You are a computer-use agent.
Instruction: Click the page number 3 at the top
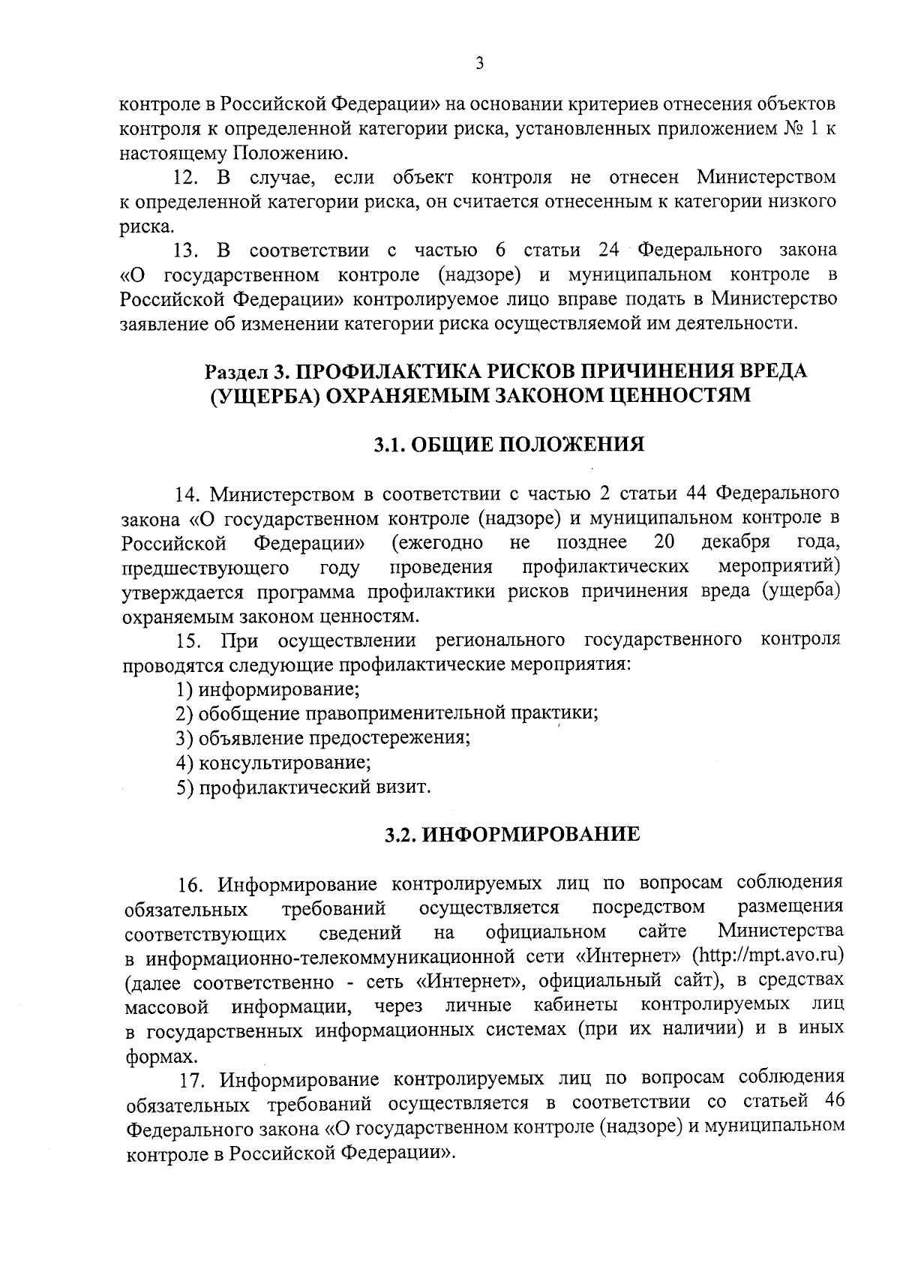479,64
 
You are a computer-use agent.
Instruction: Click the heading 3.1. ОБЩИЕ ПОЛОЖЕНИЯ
509,445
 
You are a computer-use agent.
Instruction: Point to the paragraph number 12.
185,178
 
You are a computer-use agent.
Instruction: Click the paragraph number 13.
185,250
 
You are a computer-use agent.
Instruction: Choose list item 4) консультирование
273,763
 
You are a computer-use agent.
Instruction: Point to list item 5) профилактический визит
303,787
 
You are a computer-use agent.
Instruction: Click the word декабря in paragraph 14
736,542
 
